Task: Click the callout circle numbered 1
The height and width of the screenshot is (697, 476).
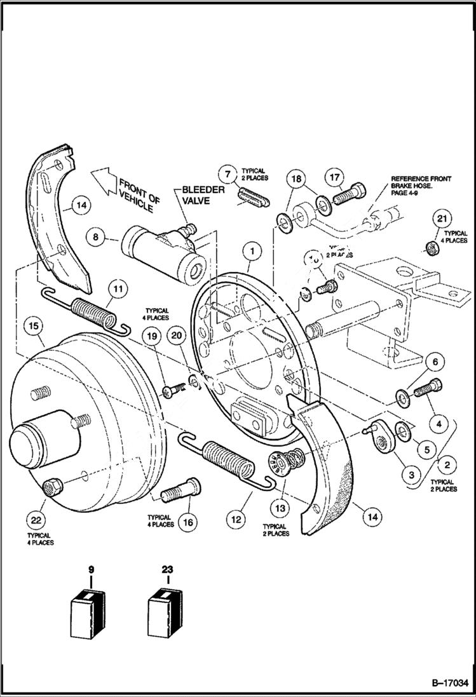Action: coord(252,252)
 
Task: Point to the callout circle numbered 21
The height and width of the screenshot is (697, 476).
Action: coord(443,219)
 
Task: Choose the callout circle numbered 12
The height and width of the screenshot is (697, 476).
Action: coord(237,520)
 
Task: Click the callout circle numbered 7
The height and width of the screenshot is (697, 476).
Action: coord(228,173)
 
